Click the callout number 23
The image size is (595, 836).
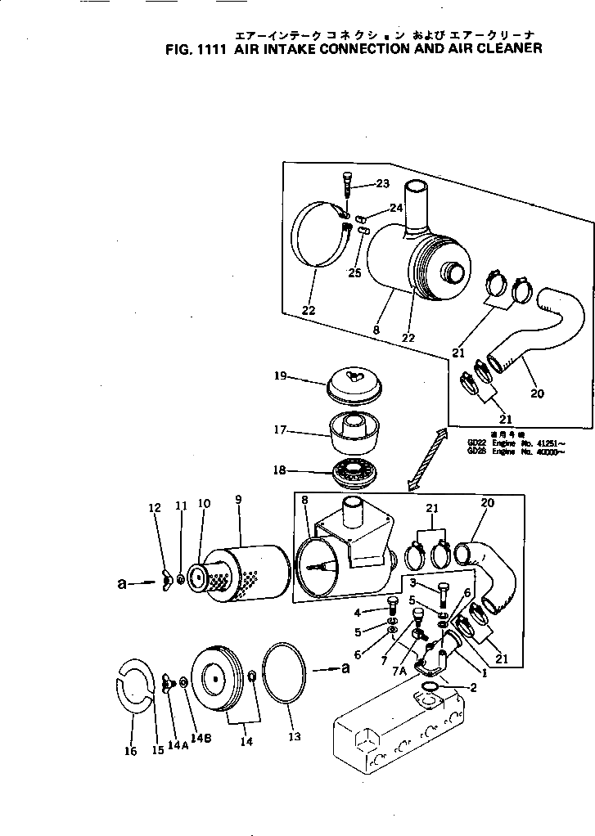pos(382,184)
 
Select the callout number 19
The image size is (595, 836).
pos(280,376)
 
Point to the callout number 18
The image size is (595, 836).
pos(280,470)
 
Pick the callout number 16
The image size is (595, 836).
pos(131,752)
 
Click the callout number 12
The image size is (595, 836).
pos(155,508)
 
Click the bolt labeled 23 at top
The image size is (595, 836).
pos(345,184)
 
